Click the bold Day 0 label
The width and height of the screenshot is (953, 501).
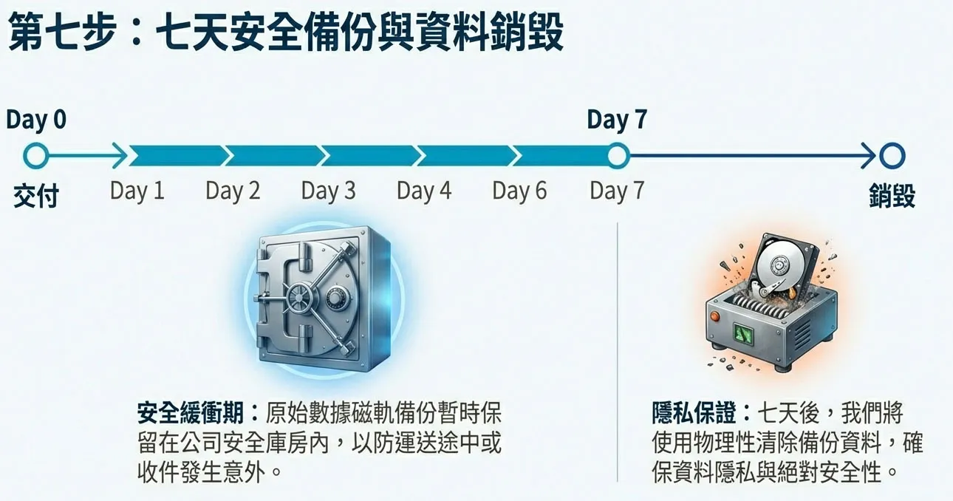point(36,120)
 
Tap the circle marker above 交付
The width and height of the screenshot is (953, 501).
point(35,156)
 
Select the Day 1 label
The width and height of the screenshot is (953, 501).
point(137,191)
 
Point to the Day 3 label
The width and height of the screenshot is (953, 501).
point(328,191)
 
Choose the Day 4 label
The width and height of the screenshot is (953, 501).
point(424,191)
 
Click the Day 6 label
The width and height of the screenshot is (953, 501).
point(519,191)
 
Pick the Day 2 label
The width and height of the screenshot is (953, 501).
point(233,191)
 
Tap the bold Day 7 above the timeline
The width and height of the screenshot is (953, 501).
point(617,120)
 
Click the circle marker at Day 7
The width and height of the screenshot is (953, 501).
point(618,156)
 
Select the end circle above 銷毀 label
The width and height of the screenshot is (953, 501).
point(892,156)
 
